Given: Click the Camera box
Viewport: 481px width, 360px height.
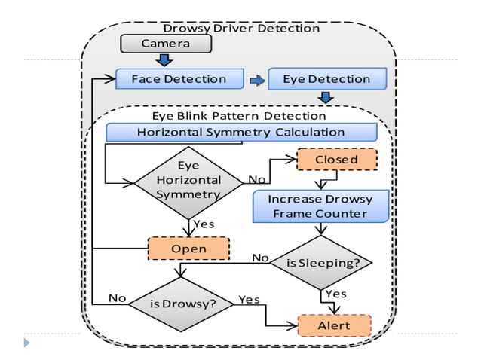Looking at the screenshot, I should [166, 44].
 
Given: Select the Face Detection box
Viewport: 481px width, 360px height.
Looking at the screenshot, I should [179, 79].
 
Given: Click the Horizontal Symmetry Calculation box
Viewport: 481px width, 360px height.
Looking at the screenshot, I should [240, 133].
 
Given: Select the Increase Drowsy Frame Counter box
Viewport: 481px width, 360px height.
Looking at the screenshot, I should [321, 206].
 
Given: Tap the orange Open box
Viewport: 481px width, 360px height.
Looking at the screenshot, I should [188, 249].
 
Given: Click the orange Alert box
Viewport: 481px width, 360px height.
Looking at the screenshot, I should [335, 325].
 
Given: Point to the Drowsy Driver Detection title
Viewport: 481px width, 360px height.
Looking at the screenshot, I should [241, 28].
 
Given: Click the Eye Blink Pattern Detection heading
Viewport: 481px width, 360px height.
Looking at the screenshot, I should [239, 116].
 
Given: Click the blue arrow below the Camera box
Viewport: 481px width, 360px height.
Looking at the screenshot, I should [165, 59].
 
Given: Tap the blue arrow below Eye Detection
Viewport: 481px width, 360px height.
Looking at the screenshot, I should [326, 97].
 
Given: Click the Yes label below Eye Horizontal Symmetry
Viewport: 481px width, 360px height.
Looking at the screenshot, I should [204, 224].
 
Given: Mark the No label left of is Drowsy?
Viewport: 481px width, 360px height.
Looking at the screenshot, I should [117, 298].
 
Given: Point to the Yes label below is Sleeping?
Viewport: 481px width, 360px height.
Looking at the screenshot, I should [335, 294].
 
